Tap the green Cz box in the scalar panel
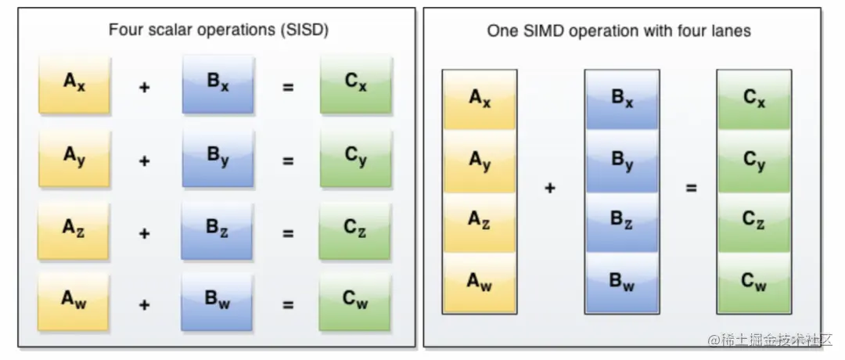(x=355, y=230)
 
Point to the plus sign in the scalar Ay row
(x=144, y=161)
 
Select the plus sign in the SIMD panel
(x=550, y=189)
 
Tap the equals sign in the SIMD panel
(x=692, y=189)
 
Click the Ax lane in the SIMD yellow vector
(x=480, y=100)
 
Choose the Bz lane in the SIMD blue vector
(x=622, y=221)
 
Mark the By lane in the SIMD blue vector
(x=622, y=162)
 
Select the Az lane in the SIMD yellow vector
(x=480, y=221)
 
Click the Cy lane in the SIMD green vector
(x=754, y=162)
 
